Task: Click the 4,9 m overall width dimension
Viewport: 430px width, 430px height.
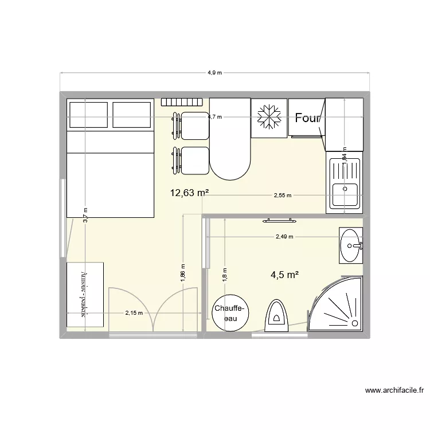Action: click(215, 73)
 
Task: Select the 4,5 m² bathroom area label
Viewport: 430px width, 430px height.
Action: click(285, 275)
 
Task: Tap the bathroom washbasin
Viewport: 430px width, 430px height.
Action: click(351, 245)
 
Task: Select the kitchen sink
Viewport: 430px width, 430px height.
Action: click(345, 182)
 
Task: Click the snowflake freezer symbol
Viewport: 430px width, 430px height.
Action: click(268, 118)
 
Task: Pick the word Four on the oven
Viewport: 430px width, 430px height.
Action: click(308, 118)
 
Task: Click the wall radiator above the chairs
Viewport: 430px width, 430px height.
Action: click(182, 102)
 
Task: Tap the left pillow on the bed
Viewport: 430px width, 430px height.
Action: click(88, 115)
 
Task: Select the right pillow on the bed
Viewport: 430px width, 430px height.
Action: click(132, 115)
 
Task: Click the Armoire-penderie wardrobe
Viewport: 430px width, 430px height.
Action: click(85, 295)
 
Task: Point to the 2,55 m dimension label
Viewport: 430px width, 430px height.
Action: click(282, 196)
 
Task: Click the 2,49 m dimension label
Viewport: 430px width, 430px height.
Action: click(284, 236)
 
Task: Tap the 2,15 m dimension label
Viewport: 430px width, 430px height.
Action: click(134, 313)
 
